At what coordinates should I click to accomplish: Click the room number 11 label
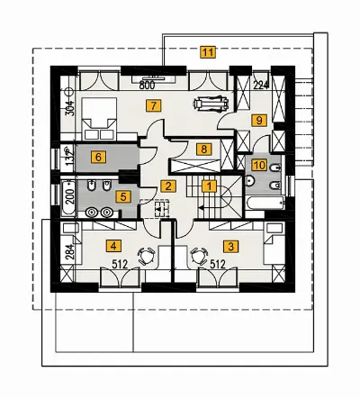[x=208, y=52]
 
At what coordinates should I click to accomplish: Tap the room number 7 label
[x=154, y=106]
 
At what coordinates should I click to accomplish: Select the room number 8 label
[x=204, y=150]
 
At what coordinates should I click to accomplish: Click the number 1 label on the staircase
[x=209, y=186]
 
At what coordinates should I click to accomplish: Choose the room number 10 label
[x=260, y=165]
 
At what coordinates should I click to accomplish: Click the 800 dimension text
[x=147, y=86]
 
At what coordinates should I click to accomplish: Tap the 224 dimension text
[x=261, y=86]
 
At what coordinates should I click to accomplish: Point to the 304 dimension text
[x=70, y=107]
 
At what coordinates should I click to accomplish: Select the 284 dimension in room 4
[x=70, y=251]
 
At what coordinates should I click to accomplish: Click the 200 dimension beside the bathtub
[x=70, y=197]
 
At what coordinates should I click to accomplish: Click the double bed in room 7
[x=99, y=118]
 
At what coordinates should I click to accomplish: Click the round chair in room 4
[x=147, y=256]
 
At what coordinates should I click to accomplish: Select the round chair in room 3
[x=199, y=256]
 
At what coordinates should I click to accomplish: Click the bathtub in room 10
[x=265, y=203]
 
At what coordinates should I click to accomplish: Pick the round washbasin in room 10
[x=250, y=181]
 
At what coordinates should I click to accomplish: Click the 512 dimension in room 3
[x=217, y=265]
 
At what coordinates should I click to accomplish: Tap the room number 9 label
[x=259, y=121]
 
